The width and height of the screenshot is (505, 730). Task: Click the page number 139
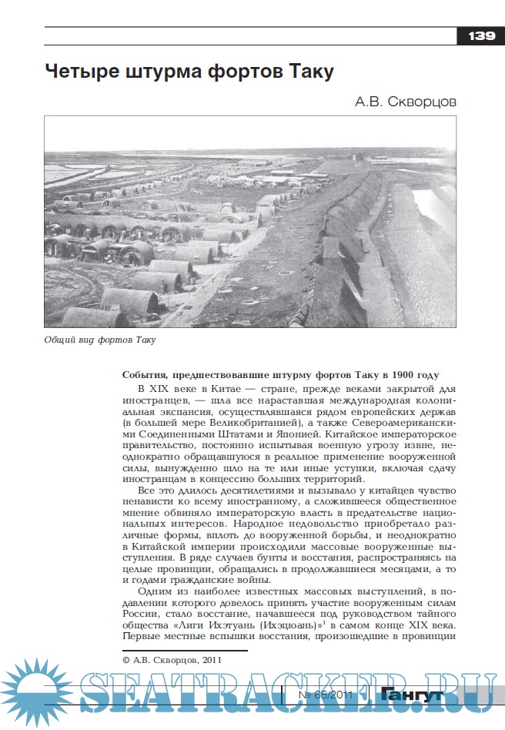481,36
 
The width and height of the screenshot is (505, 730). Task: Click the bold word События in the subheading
146,373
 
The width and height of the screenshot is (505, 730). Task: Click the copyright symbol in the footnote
126,660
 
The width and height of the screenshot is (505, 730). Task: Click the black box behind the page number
481,36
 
